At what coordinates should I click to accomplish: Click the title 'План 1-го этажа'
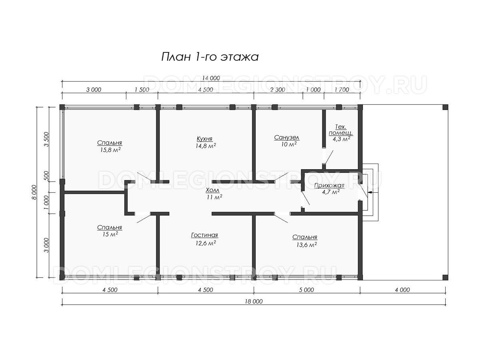click(x=210, y=57)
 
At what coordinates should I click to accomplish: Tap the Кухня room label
click(x=204, y=138)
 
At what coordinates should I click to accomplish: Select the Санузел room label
click(x=287, y=138)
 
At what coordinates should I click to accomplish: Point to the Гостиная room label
click(x=204, y=235)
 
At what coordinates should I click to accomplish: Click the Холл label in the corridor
click(x=212, y=190)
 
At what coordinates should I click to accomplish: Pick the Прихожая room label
click(x=329, y=185)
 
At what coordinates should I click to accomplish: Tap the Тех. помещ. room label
click(x=341, y=130)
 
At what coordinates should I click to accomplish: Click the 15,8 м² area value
click(x=110, y=150)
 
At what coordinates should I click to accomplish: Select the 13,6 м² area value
click(x=306, y=244)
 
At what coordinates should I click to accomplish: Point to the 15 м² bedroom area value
click(x=110, y=234)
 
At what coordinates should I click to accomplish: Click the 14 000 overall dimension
click(x=211, y=78)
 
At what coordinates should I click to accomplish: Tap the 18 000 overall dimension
click(x=254, y=302)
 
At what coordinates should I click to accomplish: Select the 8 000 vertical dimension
click(x=34, y=192)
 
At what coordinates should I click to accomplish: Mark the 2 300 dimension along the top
click(x=278, y=90)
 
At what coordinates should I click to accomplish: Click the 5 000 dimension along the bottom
click(x=306, y=290)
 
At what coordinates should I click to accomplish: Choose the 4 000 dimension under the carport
click(x=402, y=290)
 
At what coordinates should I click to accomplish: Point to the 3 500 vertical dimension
click(x=46, y=139)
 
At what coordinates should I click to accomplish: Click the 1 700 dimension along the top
click(x=342, y=90)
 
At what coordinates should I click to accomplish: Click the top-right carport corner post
click(x=446, y=107)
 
